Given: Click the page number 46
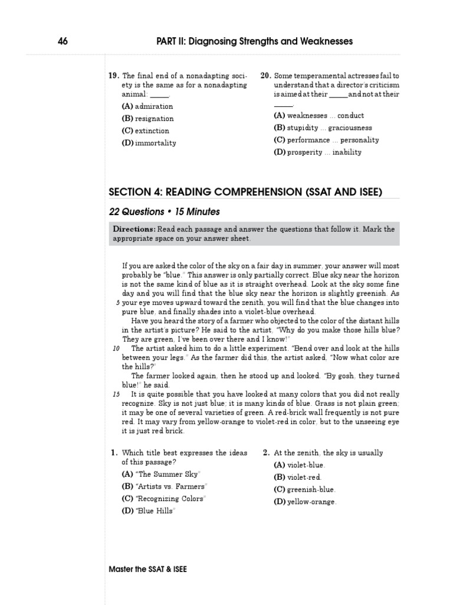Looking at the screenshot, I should tap(63, 41).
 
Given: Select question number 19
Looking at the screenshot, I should tap(114, 76).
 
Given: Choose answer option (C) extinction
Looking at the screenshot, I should tap(146, 131).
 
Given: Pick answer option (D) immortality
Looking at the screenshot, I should tap(149, 143).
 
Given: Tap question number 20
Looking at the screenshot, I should tap(266, 76).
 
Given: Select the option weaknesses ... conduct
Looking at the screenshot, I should tap(319, 116).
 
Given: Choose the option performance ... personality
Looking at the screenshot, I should tap(326, 140).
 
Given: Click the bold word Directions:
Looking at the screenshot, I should tap(134, 229).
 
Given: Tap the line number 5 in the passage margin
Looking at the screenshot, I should tap(117, 302).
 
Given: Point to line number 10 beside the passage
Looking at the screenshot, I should tap(116, 349).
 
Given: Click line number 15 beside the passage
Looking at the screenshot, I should tap(116, 394).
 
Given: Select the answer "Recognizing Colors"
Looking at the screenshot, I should tap(164, 499).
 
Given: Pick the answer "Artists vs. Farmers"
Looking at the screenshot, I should tap(165, 486).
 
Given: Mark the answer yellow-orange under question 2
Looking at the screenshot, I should tap(306, 502).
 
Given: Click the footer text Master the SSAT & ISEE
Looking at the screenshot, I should tap(148, 570).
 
